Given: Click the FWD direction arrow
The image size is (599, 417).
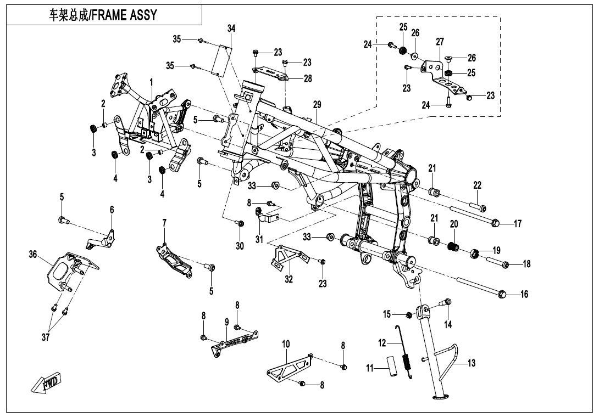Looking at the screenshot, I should [46, 382].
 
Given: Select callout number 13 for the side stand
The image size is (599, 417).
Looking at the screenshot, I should [472, 363].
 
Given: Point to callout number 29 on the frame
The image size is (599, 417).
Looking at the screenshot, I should [317, 105].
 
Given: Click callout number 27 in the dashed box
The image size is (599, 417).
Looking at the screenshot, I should [440, 42].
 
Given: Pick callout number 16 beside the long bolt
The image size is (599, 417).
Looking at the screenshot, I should [524, 295].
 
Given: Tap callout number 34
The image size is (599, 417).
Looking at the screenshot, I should [231, 28].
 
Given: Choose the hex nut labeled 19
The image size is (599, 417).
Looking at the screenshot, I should [476, 253].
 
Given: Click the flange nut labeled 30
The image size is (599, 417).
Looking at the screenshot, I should [240, 223].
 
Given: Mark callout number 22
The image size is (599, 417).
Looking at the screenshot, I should [477, 185].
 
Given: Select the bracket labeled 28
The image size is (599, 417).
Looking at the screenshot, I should [271, 73].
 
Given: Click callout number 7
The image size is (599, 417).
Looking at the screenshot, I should [164, 222].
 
